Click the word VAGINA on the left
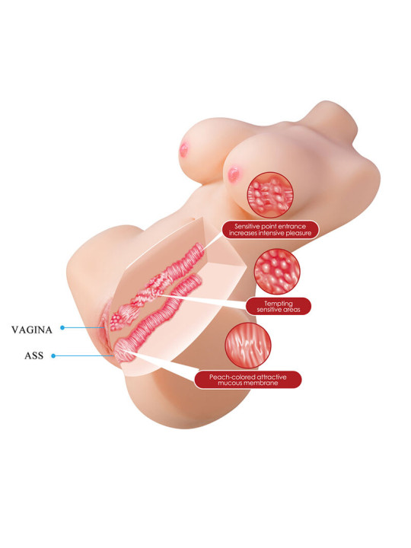tap(32, 330)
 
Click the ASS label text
tap(34, 355)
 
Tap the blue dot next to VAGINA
tap(62, 327)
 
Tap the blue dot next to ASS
tap(53, 355)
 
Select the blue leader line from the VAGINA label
tap(84, 328)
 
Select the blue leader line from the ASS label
tap(84, 355)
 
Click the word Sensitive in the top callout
tap(247, 227)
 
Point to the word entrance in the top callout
tap(292, 227)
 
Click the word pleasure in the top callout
tap(298, 233)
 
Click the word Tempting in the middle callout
tap(279, 304)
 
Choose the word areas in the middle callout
tap(292, 310)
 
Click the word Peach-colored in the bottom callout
tap(227, 377)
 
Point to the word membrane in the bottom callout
tap(265, 383)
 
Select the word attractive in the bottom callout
tap(266, 377)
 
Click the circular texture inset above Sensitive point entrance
tap(269, 194)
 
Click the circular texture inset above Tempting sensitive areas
tap(277, 271)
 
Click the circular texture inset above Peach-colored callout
tap(248, 346)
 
